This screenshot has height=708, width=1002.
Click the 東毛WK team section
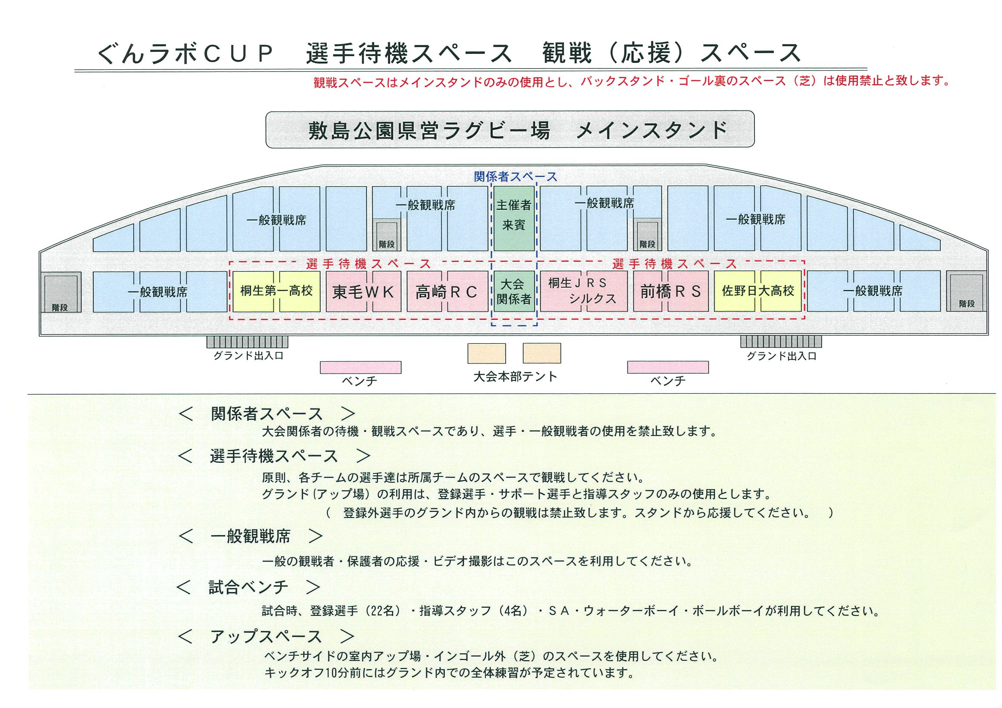[x=363, y=292]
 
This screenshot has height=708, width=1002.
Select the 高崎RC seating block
[x=447, y=292]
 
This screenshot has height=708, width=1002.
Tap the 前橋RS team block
[x=670, y=291]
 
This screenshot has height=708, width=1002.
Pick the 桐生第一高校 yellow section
[x=276, y=291]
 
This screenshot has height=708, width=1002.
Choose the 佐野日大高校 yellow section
[x=757, y=291]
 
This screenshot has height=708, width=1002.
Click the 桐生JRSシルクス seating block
[x=584, y=291]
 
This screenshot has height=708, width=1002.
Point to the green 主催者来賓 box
[x=514, y=218]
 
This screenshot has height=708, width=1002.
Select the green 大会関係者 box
[x=514, y=291]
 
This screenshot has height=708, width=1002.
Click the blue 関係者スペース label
[x=516, y=177]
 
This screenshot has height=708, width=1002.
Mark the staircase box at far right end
[x=966, y=292]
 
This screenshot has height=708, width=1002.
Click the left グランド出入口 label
[x=248, y=356]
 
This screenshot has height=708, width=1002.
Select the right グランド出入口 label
[x=781, y=356]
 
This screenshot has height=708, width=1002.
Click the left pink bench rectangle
[x=361, y=367]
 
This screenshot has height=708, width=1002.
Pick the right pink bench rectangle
[x=668, y=367]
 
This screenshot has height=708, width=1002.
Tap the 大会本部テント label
[x=516, y=376]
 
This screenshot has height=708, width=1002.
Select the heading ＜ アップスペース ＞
[x=266, y=637]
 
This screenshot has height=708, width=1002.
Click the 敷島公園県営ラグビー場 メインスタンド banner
[x=510, y=130]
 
